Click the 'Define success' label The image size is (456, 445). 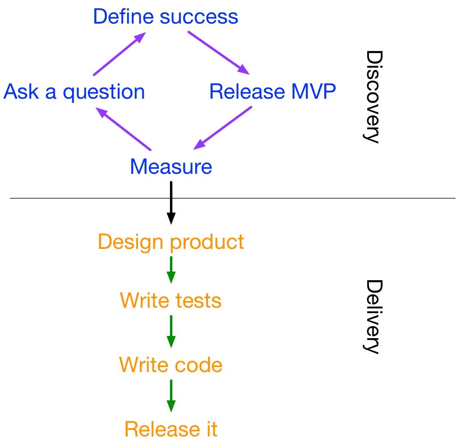pyautogui.click(x=166, y=16)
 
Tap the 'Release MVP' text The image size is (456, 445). pyautogui.click(x=272, y=91)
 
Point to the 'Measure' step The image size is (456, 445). pyautogui.click(x=171, y=166)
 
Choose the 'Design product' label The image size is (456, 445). pyautogui.click(x=171, y=242)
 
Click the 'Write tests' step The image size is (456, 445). pyautogui.click(x=171, y=300)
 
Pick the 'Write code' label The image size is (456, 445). pyautogui.click(x=171, y=364)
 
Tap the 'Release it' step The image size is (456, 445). pyautogui.click(x=171, y=429)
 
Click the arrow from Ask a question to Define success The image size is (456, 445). pyautogui.click(x=119, y=54)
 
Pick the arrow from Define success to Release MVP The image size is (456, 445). pyautogui.click(x=219, y=53)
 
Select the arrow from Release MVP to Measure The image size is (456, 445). pyautogui.click(x=223, y=128)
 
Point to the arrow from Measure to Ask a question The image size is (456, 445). pyautogui.click(x=123, y=129)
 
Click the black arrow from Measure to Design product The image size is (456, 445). pyautogui.click(x=171, y=203)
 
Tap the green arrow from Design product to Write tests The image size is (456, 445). pyautogui.click(x=171, y=270)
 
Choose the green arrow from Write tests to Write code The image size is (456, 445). pyautogui.click(x=171, y=332)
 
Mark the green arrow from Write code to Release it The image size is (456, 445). pyautogui.click(x=171, y=396)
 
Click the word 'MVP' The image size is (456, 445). pyautogui.click(x=314, y=91)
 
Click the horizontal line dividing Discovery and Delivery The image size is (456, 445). pyautogui.click(x=233, y=198)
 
